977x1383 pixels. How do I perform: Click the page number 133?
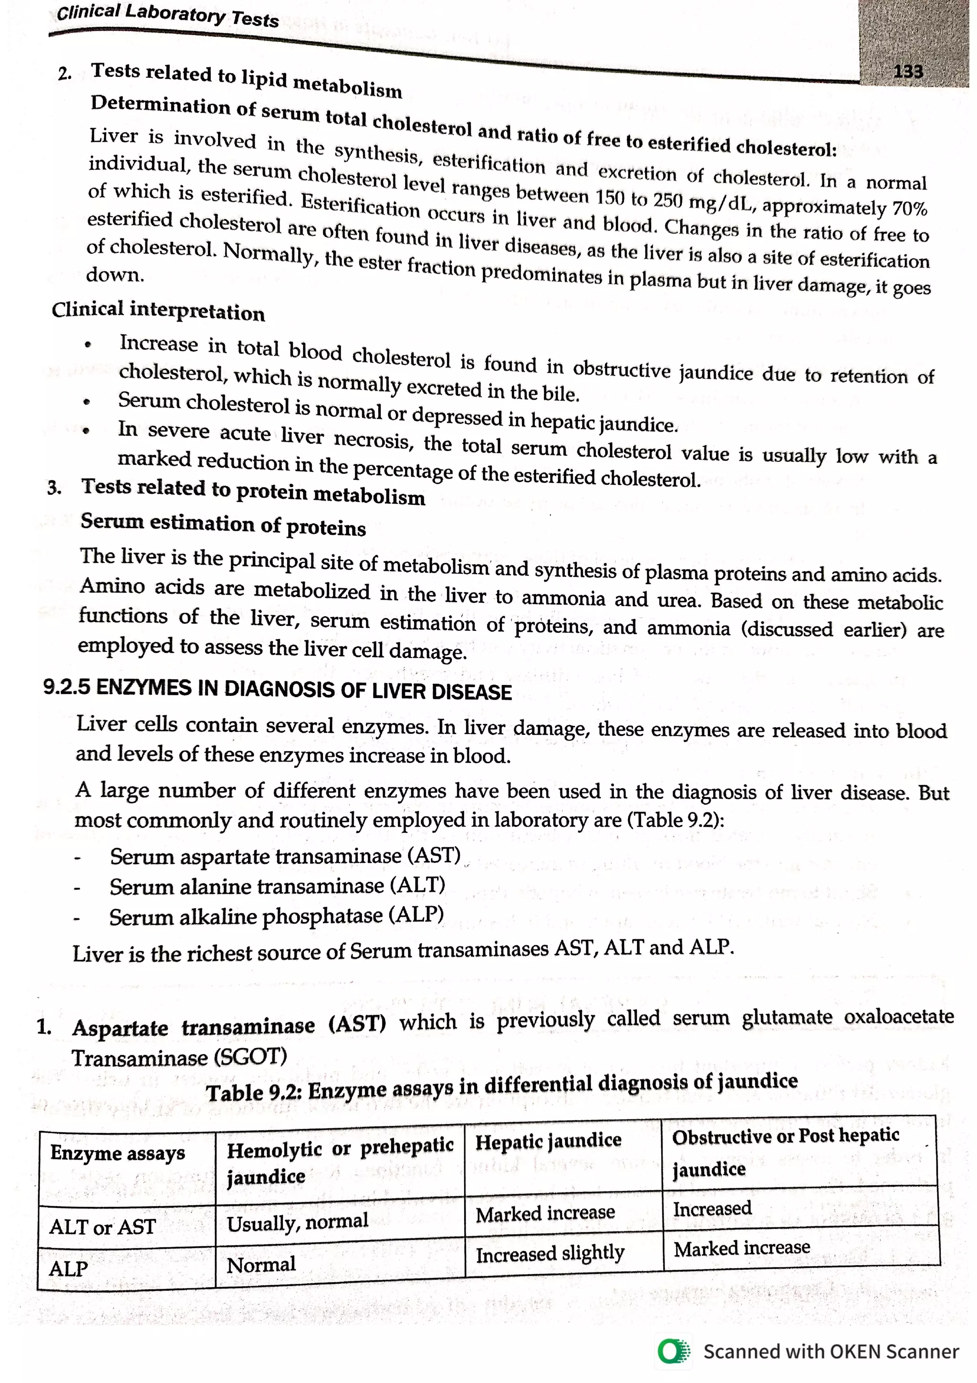(907, 71)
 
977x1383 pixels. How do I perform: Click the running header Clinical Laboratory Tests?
(167, 15)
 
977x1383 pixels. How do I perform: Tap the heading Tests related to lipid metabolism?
(246, 80)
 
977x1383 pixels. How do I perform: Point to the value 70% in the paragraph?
(909, 209)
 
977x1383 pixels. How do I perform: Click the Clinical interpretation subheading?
(158, 311)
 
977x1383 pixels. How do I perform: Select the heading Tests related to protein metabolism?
(253, 491)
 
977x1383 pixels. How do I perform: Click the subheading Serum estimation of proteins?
(223, 524)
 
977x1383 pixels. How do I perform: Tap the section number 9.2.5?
(66, 687)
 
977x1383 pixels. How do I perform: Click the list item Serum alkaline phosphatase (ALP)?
(276, 916)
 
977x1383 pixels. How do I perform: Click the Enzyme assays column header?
(117, 1153)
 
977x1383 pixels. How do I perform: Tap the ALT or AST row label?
(103, 1226)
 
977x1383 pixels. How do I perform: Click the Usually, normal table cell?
(297, 1222)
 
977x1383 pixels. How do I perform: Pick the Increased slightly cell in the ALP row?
(550, 1254)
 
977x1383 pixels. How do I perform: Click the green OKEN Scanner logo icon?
(674, 1351)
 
